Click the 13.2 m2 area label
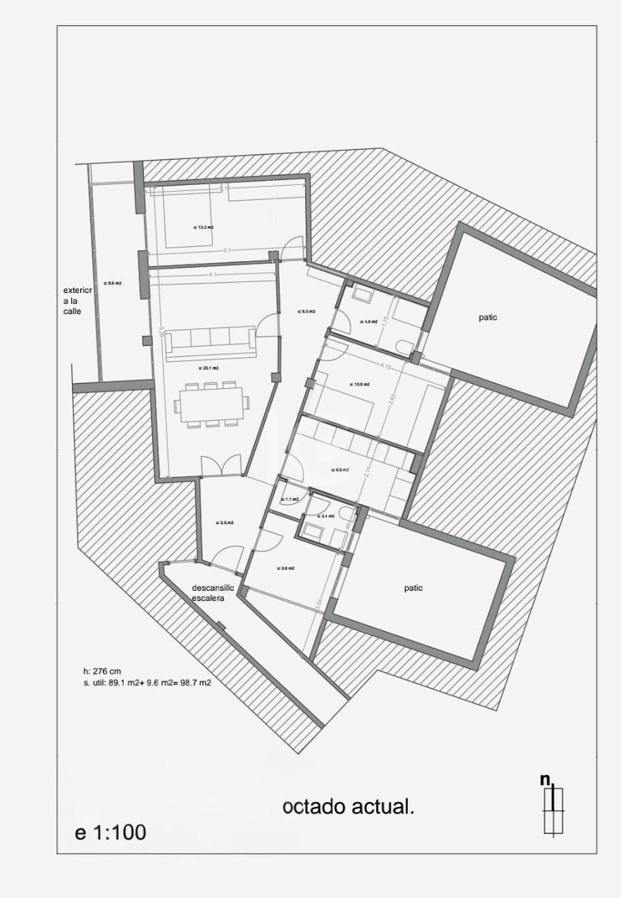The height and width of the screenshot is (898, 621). tap(203, 228)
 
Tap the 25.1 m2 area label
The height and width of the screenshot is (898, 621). tap(208, 368)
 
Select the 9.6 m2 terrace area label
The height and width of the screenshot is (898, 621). tap(113, 283)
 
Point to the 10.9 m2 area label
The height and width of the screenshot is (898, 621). tap(359, 384)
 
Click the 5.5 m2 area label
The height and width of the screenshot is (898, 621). tap(225, 523)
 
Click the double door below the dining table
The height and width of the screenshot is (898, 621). tap(221, 466)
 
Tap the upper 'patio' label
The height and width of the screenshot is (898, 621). tap(488, 317)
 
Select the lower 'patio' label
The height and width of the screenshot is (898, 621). tap(413, 588)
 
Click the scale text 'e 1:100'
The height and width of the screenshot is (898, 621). tap(110, 832)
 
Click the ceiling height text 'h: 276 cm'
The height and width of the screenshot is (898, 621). tap(102, 672)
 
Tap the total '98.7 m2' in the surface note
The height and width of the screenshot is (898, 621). tap(194, 683)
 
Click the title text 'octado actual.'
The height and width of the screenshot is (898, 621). tap(349, 807)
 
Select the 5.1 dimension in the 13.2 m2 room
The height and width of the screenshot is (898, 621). tap(227, 250)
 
